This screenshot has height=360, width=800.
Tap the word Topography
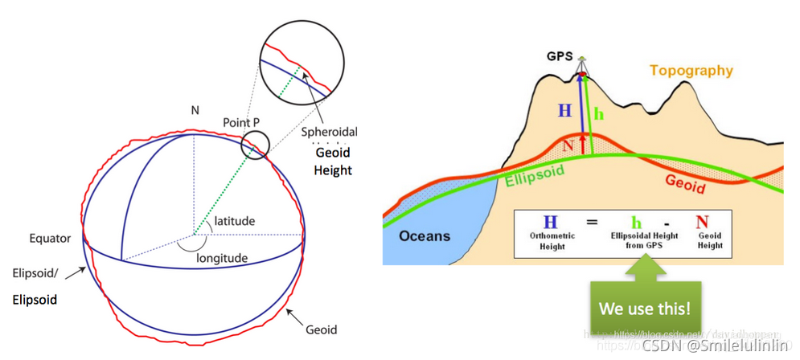point(691,71)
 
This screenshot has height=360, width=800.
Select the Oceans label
point(424,236)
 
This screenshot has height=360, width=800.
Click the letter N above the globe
point(194,109)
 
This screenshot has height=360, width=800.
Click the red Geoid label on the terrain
point(684,183)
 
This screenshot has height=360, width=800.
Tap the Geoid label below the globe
point(321,329)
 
